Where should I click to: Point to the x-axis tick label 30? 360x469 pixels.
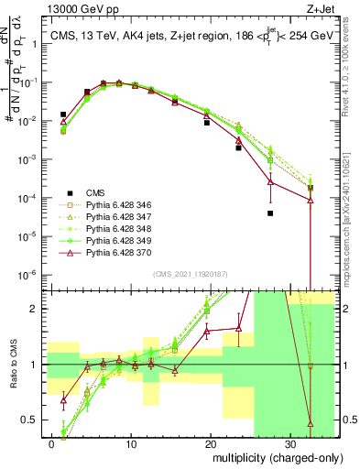point(289,443)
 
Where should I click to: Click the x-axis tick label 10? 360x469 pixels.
point(132,443)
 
